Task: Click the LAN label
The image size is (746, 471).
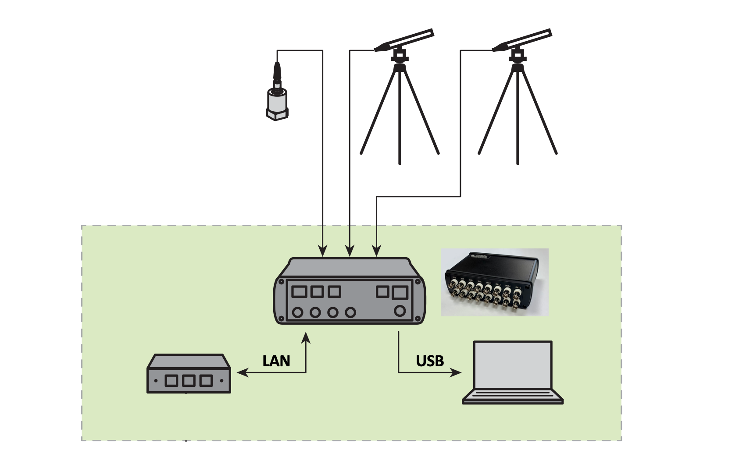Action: click(276, 361)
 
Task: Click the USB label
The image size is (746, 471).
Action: click(430, 361)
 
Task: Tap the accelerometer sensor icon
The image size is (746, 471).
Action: click(277, 101)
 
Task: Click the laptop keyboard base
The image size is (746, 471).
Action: click(513, 396)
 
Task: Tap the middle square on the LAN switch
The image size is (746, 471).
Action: click(189, 380)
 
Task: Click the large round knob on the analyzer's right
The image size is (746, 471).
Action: click(400, 311)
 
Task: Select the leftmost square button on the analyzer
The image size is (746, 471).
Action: click(299, 291)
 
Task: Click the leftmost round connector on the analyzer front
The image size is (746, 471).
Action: click(298, 312)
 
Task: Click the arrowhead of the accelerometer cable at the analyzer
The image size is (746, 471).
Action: click(323, 251)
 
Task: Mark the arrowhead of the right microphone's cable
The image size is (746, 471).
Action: click(377, 251)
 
